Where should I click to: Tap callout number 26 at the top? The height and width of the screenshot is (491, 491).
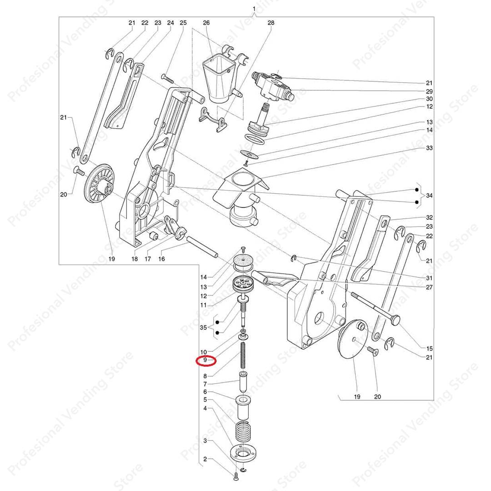pyautogui.click(x=206, y=23)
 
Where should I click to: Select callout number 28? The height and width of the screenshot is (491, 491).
pyautogui.click(x=271, y=23)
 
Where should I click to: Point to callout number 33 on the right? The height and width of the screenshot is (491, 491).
pyautogui.click(x=429, y=147)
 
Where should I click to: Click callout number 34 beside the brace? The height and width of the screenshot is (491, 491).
pyautogui.click(x=429, y=195)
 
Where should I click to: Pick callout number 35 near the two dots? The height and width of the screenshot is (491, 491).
pyautogui.click(x=203, y=327)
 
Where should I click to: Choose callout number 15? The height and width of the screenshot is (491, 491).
pyautogui.click(x=429, y=348)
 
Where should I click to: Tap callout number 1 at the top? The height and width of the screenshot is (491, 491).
pyautogui.click(x=254, y=9)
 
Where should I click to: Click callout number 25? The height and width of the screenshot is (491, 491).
pyautogui.click(x=183, y=23)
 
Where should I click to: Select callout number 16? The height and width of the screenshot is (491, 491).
pyautogui.click(x=161, y=259)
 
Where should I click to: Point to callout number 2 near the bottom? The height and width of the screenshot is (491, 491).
pyautogui.click(x=205, y=459)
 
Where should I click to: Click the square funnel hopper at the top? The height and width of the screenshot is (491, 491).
pyautogui.click(x=219, y=80)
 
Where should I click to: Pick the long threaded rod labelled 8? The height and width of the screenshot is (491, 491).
pyautogui.click(x=243, y=356)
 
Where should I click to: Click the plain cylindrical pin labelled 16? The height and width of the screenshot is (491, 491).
pyautogui.click(x=202, y=247)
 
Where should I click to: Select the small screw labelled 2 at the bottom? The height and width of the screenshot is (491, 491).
pyautogui.click(x=236, y=477)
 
